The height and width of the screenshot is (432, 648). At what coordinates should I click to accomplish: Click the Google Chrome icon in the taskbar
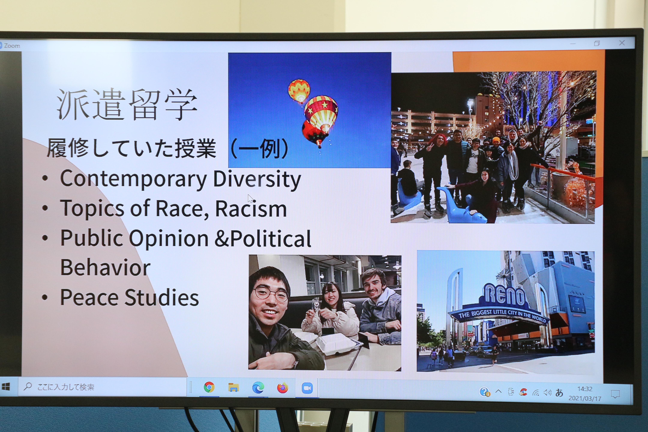(x=209, y=387)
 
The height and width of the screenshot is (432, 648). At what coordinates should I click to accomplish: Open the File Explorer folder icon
(x=233, y=387)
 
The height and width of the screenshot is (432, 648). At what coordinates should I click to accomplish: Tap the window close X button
(x=622, y=43)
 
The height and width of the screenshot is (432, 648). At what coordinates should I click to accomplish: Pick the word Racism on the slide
(x=251, y=208)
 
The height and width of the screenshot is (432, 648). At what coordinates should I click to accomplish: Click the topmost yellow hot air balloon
(x=299, y=90)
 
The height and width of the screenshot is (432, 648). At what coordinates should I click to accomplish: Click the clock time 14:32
(x=585, y=389)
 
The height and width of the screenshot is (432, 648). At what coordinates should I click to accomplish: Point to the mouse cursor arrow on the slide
(x=250, y=198)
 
